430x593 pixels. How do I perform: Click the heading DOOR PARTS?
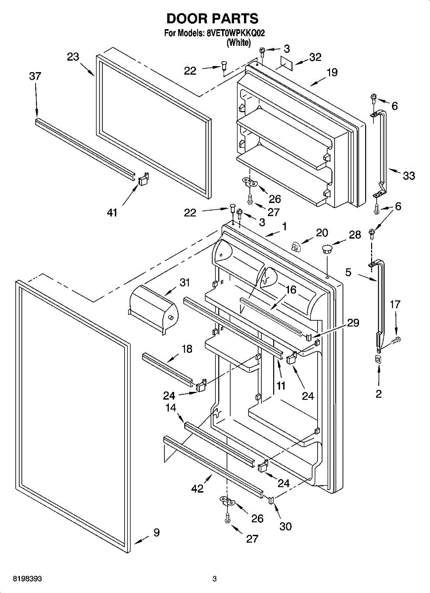(212, 19)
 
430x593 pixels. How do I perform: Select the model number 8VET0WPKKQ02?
(236, 33)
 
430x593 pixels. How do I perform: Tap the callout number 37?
(35, 76)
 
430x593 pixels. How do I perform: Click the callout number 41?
(112, 212)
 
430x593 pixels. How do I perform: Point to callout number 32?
(315, 57)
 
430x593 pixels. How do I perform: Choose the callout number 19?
(332, 72)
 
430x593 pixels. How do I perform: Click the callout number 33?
(409, 175)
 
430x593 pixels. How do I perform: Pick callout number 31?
(185, 283)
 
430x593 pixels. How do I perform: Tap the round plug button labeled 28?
(327, 249)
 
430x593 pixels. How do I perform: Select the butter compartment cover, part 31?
(153, 310)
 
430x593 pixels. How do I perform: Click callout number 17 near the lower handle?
(395, 304)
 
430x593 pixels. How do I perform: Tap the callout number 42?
(197, 488)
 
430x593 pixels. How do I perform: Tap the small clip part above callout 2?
(379, 359)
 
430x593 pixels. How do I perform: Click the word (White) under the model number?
(239, 42)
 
